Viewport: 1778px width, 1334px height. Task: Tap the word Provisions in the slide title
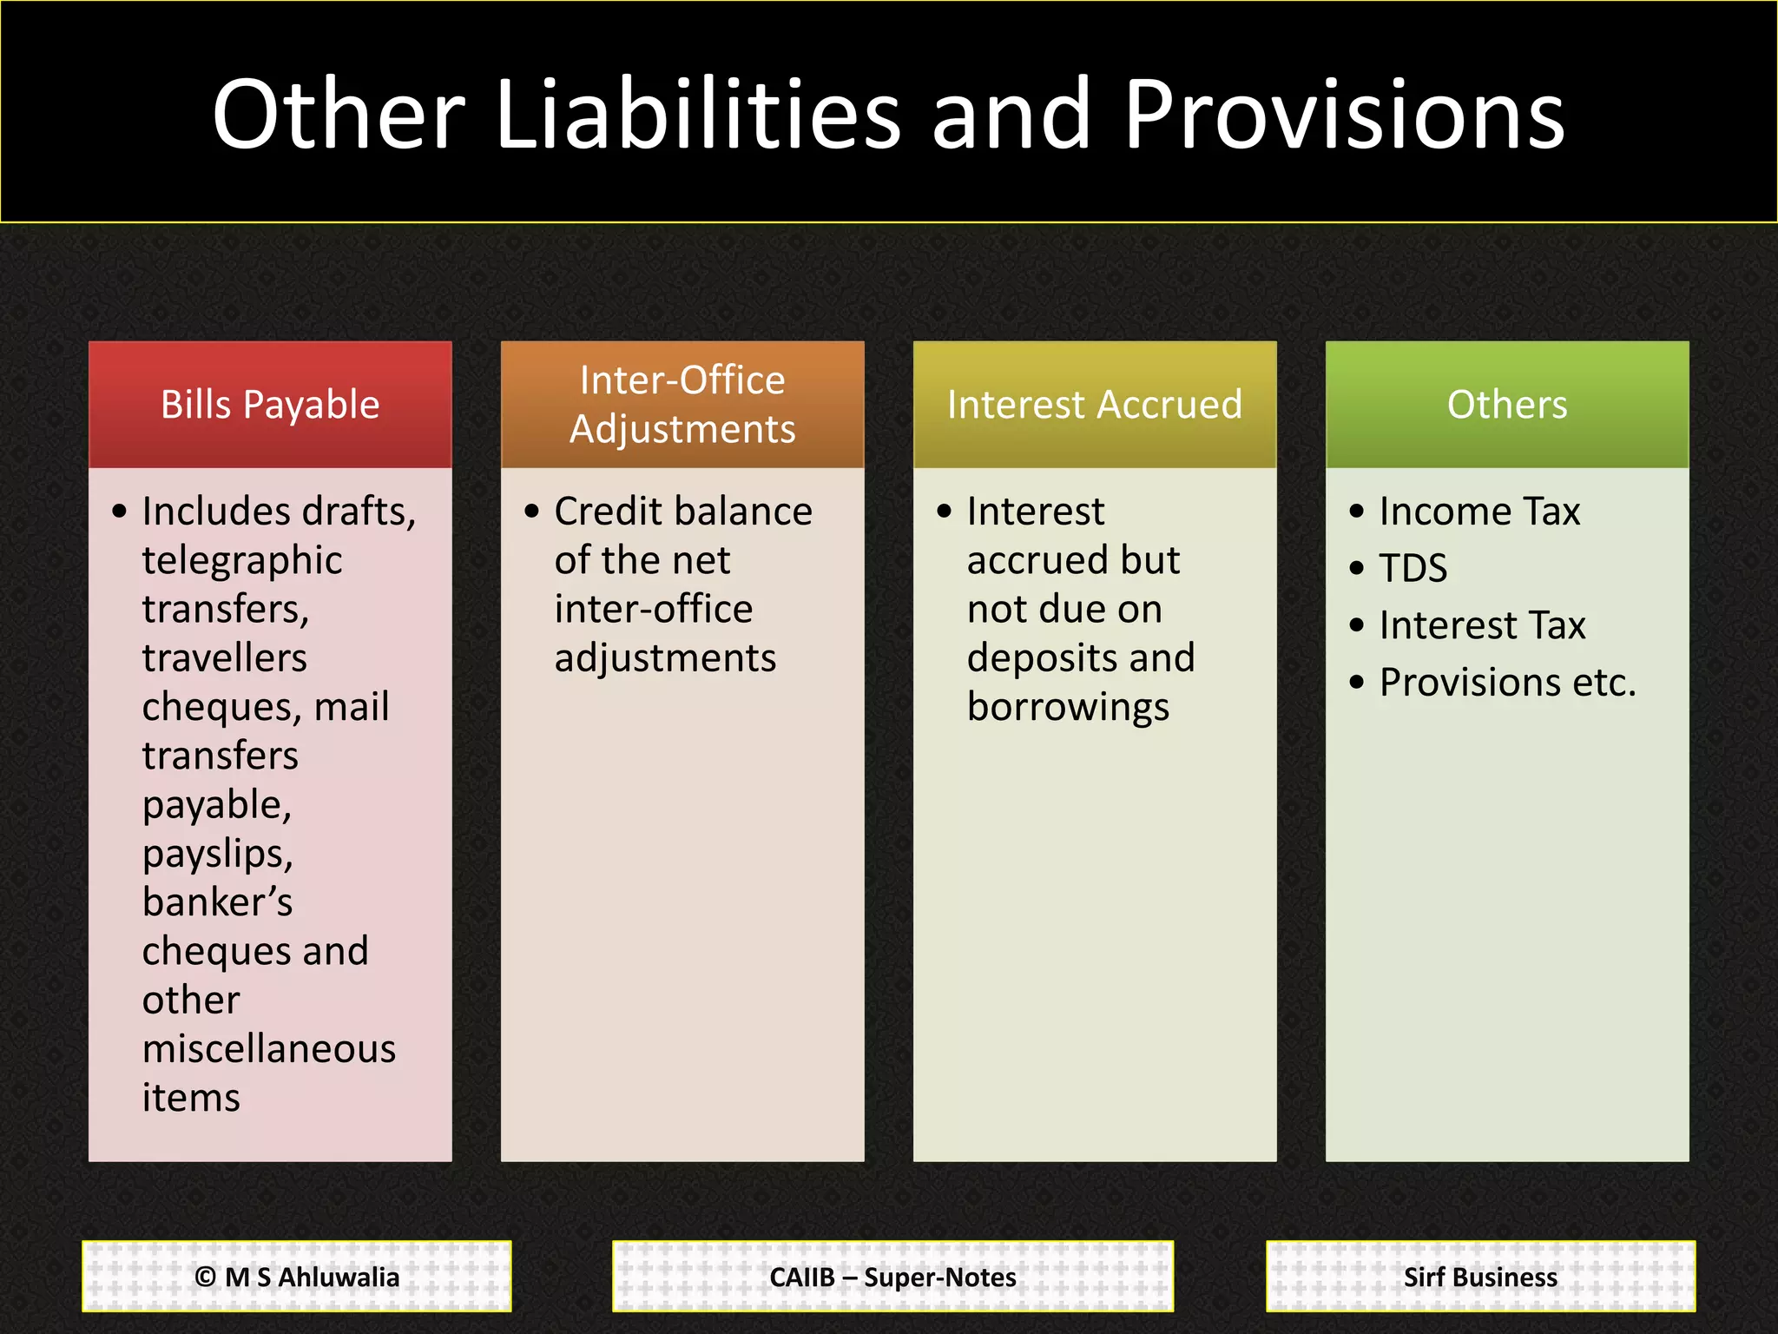click(x=1343, y=115)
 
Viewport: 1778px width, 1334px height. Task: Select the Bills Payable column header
click(x=270, y=405)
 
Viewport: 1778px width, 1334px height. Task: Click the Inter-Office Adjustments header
click(x=682, y=405)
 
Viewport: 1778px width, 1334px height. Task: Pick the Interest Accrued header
click(x=1095, y=405)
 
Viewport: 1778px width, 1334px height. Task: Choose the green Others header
click(x=1507, y=405)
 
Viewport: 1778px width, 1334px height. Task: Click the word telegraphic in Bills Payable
click(x=242, y=561)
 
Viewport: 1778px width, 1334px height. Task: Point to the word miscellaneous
click(x=269, y=1049)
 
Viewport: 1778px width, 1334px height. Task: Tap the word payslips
click(x=217, y=855)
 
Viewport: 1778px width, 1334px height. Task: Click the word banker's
click(x=217, y=902)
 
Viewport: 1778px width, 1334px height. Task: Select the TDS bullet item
click(x=1413, y=569)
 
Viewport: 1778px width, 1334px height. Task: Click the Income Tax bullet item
click(x=1479, y=512)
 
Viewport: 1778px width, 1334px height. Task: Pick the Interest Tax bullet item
click(x=1482, y=626)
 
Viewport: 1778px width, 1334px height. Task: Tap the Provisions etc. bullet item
click(x=1507, y=683)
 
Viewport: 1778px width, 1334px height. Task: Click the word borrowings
click(x=1068, y=708)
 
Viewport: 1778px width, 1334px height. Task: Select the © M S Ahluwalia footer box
click(x=297, y=1277)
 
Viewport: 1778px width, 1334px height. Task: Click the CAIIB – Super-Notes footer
click(x=892, y=1277)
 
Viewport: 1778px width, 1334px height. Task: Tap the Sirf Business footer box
click(x=1480, y=1277)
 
